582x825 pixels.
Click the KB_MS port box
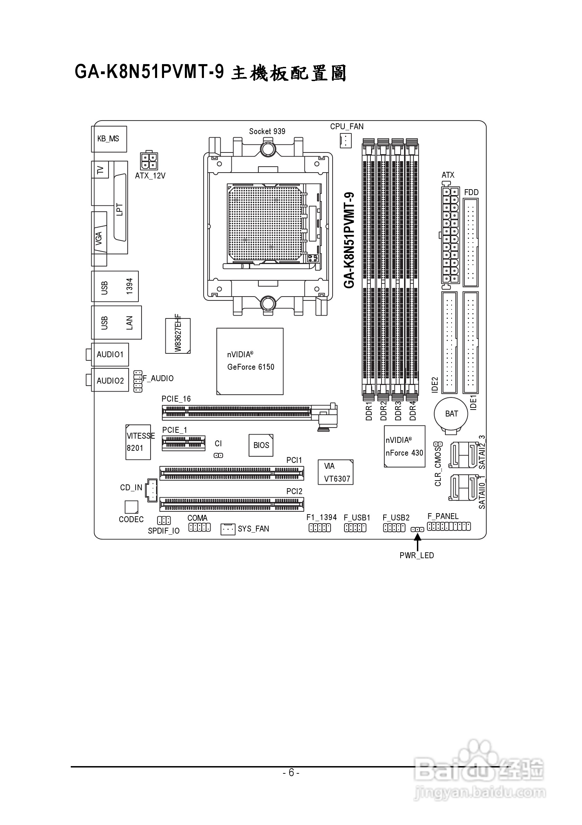109,139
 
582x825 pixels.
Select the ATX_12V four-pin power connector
148,161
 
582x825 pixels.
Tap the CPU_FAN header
345,140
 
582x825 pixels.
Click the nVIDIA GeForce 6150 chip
250,361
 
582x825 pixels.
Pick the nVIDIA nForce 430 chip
405,446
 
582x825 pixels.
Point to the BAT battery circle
451,414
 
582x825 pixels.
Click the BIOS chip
261,445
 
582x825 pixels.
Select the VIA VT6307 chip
336,472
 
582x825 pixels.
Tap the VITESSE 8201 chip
138,442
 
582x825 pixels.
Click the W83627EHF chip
178,336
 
